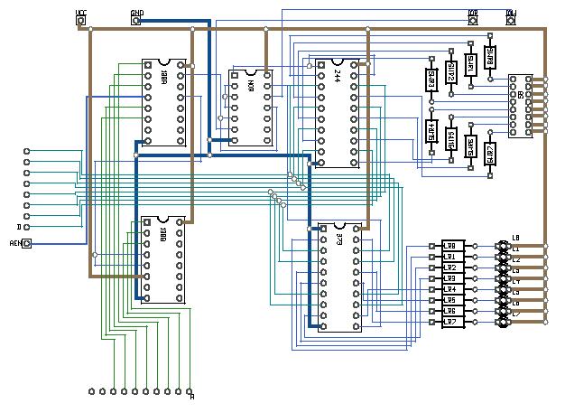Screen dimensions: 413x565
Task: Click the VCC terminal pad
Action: click(81, 20)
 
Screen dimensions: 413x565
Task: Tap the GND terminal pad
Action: click(136, 20)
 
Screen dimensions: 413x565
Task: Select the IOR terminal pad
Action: click(472, 19)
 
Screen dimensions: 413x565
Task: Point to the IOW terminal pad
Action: click(511, 19)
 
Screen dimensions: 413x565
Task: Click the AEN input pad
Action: click(26, 243)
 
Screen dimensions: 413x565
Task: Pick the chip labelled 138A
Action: click(164, 102)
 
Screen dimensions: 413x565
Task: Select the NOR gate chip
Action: click(251, 107)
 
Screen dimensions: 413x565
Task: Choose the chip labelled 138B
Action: click(162, 260)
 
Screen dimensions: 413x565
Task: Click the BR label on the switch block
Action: click(521, 94)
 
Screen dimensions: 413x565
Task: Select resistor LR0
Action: click(452, 245)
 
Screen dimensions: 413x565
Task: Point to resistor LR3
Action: click(452, 277)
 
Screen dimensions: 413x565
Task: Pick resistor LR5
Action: click(452, 299)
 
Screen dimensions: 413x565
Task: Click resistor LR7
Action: click(452, 321)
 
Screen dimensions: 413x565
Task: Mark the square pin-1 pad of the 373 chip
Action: click(323, 229)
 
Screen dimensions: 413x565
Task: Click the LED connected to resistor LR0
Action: click(504, 245)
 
